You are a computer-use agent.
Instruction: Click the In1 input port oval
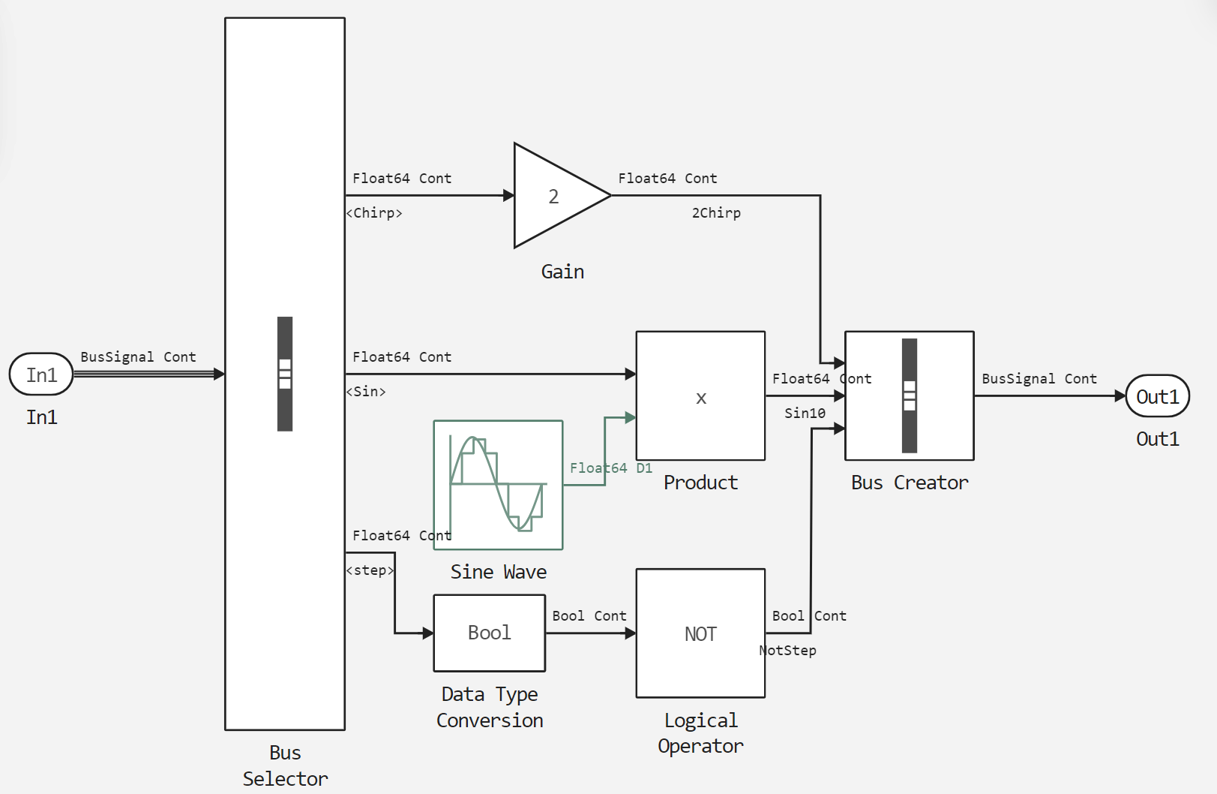click(x=41, y=374)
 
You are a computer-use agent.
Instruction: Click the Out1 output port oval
click(x=1157, y=396)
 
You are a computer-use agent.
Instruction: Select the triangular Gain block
click(x=555, y=196)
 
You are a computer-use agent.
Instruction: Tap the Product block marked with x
click(x=700, y=395)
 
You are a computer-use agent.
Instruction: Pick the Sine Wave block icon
click(x=498, y=485)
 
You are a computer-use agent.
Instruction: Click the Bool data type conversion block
click(x=489, y=633)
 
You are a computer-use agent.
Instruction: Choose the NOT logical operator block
click(x=700, y=633)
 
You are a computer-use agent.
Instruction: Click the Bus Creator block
click(x=909, y=395)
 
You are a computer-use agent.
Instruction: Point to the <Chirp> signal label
click(x=374, y=213)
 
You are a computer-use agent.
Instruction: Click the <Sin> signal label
click(x=366, y=392)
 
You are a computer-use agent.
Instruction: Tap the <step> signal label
click(x=370, y=570)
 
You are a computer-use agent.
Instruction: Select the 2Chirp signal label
click(x=716, y=213)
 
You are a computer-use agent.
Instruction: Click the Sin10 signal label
click(x=805, y=414)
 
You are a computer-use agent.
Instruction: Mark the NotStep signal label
click(x=788, y=651)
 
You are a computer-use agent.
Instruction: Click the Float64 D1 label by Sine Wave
click(x=610, y=468)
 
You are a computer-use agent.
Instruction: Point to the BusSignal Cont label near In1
click(x=138, y=357)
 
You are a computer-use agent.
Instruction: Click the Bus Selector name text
click(x=285, y=765)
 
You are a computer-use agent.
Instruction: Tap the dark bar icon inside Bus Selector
click(x=285, y=374)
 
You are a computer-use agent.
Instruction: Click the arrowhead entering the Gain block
click(x=508, y=196)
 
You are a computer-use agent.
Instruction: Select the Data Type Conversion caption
click(x=490, y=707)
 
